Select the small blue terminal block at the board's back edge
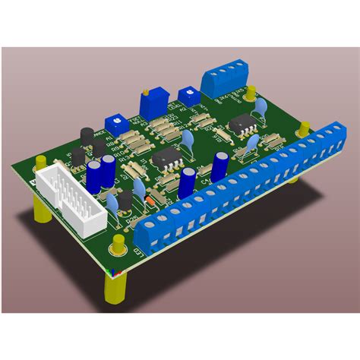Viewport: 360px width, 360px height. [x=226, y=74]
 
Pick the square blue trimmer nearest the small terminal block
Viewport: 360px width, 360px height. [x=185, y=95]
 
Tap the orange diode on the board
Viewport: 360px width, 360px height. [x=151, y=201]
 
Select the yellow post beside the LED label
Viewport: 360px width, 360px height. [x=118, y=245]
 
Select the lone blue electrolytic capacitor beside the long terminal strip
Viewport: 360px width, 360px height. [x=220, y=165]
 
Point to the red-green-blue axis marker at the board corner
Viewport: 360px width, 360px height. [x=113, y=270]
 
